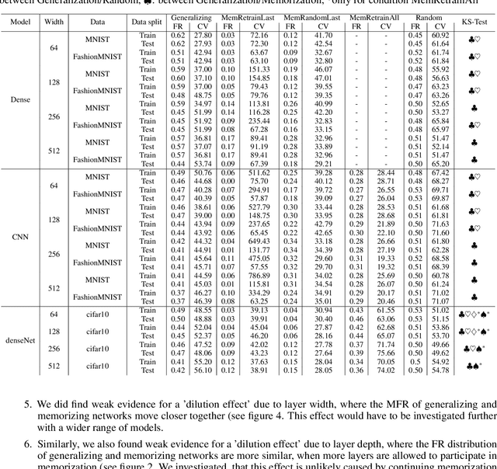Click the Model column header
(20, 23)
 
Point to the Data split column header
(148, 23)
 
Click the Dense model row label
(20, 99)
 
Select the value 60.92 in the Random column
(440, 35)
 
